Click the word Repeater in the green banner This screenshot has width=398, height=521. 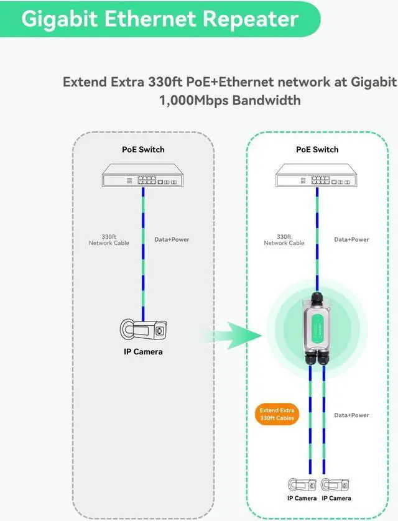pos(250,19)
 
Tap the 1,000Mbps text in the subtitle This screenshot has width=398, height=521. pos(192,100)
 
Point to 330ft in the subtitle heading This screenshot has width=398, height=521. pos(165,81)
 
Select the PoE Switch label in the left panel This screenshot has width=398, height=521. pos(143,149)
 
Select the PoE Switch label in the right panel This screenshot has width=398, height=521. pos(317,149)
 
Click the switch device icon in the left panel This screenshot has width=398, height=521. pos(143,175)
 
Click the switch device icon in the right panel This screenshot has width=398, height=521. pos(317,175)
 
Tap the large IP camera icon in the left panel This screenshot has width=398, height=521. pos(143,330)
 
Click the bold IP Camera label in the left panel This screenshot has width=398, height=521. pos(143,352)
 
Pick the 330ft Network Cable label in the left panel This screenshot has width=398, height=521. pos(109,240)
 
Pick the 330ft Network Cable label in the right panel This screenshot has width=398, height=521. pos(284,240)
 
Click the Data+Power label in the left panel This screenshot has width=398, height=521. pos(172,239)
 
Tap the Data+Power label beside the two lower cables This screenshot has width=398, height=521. pos(351,415)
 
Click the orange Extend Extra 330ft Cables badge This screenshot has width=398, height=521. pos(277,414)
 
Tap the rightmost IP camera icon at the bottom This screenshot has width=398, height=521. pos(335,485)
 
